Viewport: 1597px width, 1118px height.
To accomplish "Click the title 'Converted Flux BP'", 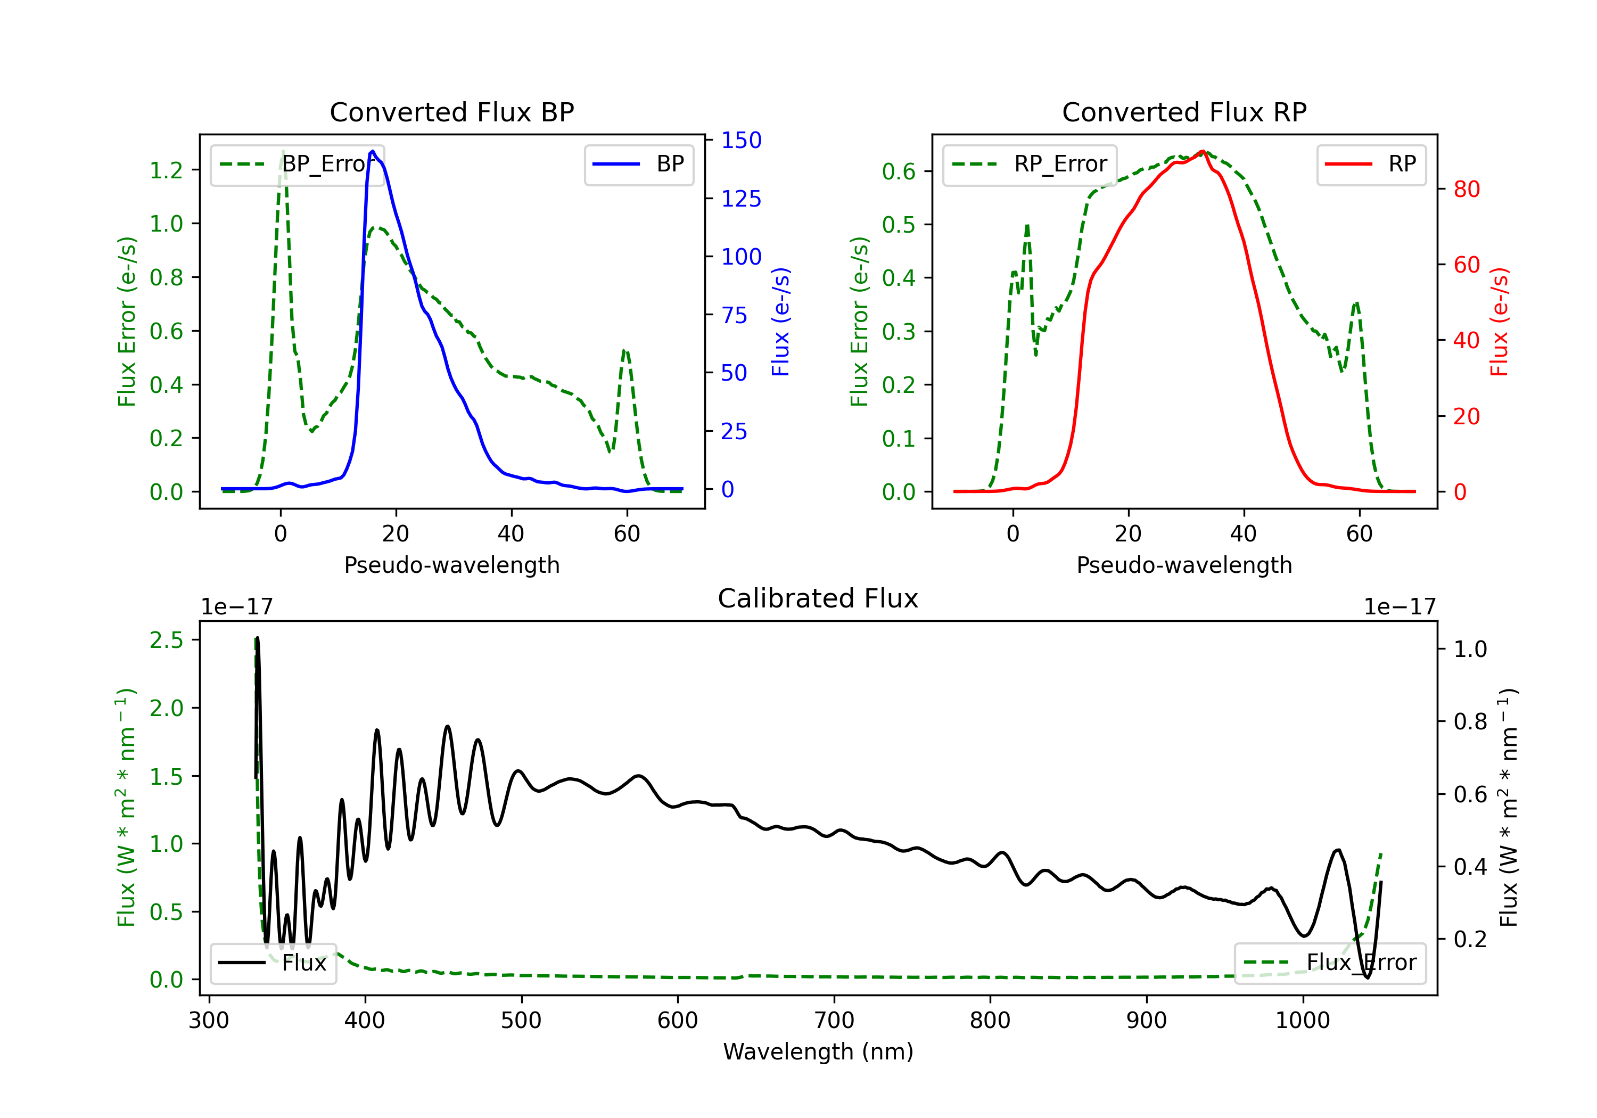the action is [451, 112].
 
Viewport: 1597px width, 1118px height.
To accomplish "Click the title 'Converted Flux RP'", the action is [1184, 112].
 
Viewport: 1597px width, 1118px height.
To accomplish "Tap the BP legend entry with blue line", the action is [638, 164].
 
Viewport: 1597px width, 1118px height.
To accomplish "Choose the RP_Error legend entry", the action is [1030, 164].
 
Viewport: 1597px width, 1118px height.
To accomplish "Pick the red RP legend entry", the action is [1371, 164].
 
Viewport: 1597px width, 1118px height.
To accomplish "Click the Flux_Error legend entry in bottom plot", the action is [1330, 963].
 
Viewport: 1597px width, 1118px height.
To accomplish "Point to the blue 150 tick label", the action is [742, 141].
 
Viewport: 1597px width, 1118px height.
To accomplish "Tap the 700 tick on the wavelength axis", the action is [834, 1020].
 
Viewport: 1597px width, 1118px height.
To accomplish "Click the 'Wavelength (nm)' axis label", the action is [818, 1051].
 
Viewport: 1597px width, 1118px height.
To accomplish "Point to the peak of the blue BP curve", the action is [373, 151].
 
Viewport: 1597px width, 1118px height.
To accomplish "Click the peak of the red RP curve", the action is [1202, 151].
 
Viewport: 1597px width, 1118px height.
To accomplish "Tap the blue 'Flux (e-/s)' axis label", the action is [780, 322].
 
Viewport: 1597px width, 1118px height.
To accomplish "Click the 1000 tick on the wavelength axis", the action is [1303, 1020].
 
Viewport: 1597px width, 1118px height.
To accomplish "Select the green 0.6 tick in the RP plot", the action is [899, 171].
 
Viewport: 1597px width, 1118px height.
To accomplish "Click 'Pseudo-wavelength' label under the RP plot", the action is [1184, 565].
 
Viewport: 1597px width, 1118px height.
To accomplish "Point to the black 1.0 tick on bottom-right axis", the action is [1470, 649].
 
